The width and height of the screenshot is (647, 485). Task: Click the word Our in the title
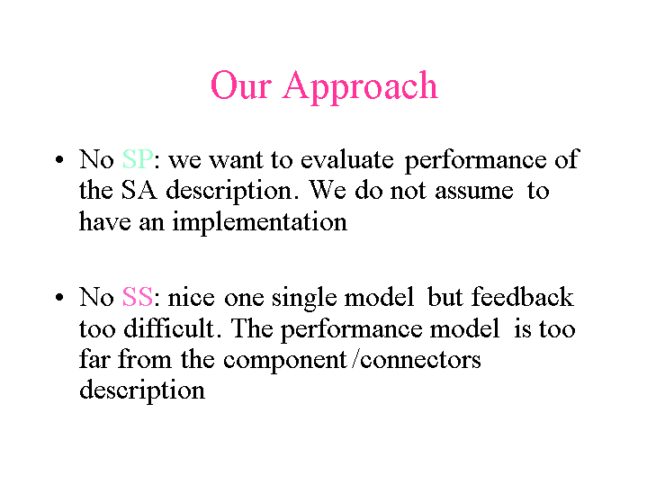point(241,85)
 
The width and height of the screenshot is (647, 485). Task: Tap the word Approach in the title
point(360,87)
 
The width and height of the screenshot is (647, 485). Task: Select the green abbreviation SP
point(138,159)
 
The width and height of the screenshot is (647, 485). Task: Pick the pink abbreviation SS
point(138,297)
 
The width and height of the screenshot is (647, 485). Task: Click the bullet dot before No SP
point(59,159)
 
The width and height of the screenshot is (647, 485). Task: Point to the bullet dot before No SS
point(59,297)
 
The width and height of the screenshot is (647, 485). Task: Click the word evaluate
point(347,160)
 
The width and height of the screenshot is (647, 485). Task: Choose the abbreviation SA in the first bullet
point(139,190)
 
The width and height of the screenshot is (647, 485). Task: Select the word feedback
point(522,296)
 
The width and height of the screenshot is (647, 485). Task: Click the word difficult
point(169,328)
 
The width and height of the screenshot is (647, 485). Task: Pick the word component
point(284,361)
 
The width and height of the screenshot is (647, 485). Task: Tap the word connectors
point(420,360)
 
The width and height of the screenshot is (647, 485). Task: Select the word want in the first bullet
point(236,160)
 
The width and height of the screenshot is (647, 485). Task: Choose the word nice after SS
point(191,297)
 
